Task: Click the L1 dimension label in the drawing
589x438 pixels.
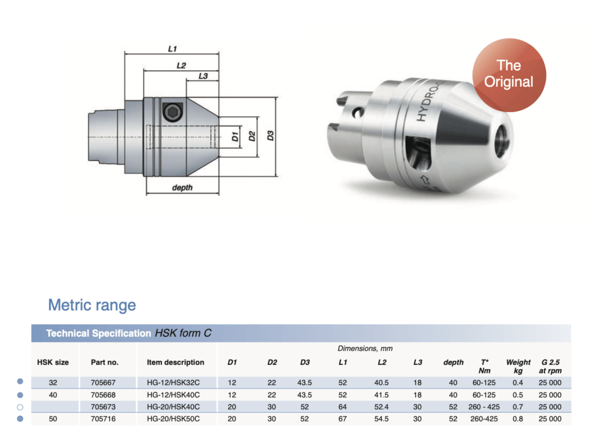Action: click(173, 49)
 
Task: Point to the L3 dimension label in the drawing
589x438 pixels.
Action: click(203, 76)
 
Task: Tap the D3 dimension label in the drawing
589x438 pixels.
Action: click(270, 136)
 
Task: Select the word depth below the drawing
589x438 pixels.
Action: click(182, 187)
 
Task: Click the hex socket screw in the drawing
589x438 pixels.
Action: click(173, 112)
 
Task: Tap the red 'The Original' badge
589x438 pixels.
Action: click(509, 75)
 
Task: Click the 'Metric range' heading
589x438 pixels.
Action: click(92, 305)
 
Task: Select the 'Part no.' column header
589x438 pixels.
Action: click(104, 363)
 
